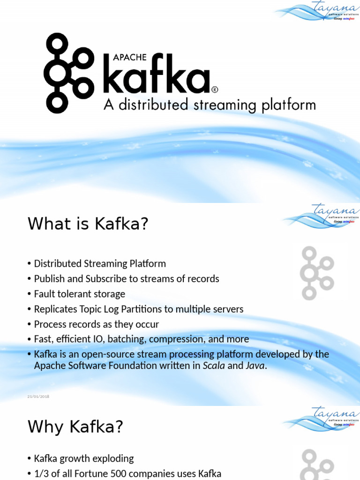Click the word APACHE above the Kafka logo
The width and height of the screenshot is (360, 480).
(131, 58)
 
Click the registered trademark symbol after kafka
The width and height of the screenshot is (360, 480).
(215, 89)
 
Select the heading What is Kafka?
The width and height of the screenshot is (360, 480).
(88, 224)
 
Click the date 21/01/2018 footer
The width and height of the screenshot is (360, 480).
(38, 397)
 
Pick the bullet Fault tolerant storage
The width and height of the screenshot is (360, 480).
(80, 294)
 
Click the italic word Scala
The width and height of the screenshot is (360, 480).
(214, 366)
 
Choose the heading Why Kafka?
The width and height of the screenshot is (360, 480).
(75, 427)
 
